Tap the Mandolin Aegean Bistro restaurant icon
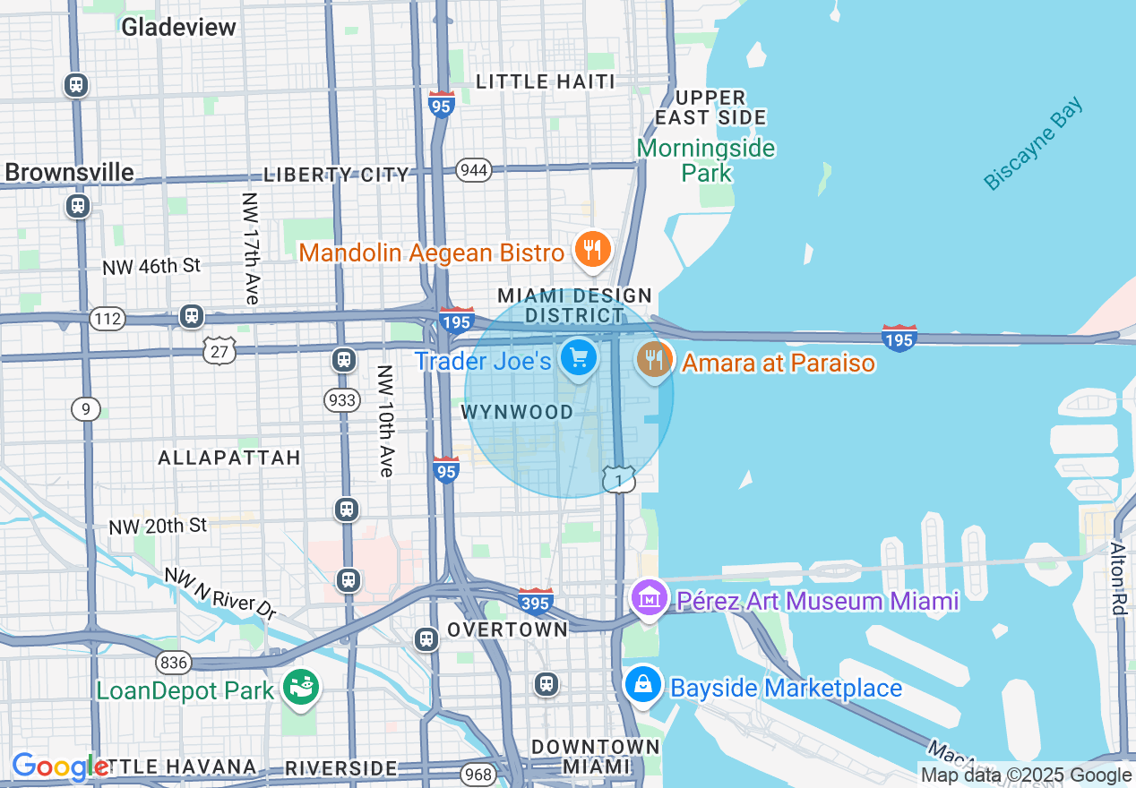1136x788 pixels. point(591,251)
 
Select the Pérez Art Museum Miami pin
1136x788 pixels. point(650,597)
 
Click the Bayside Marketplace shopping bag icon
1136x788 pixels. point(643,686)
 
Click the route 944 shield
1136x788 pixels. point(473,169)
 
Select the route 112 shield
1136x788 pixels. point(107,318)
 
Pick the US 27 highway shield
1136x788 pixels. point(219,351)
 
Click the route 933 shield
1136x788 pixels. point(342,399)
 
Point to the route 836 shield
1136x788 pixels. point(172,662)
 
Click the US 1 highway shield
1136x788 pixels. point(618,479)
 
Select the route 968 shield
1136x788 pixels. point(480,772)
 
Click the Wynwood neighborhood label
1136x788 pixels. point(517,412)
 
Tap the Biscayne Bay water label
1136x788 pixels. point(1033,143)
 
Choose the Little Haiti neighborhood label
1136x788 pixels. point(545,81)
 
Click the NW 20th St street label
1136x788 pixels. point(158,526)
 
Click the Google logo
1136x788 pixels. point(59,767)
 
